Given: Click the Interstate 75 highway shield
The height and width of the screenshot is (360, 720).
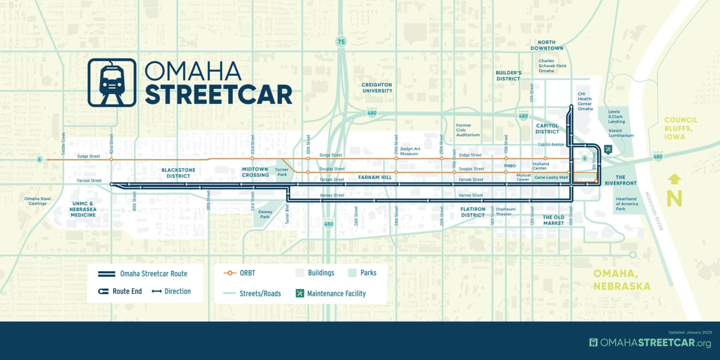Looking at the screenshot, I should coord(341,42).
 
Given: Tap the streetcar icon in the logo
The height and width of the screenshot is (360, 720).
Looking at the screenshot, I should coord(112,83).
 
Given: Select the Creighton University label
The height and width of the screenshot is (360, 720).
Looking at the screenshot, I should coord(377,88).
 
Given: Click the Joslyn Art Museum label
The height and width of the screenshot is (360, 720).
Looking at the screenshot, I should coord(410,151).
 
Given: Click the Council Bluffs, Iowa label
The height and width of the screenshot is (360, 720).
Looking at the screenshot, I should coord(680,128).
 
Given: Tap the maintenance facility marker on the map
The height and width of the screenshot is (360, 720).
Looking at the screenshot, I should coord(608,149).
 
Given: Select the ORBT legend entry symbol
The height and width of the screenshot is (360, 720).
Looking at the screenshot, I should coord(230,273).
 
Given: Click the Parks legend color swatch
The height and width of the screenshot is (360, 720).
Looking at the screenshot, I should coord(352,273).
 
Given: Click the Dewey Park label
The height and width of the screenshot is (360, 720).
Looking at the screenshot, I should coord(265,214).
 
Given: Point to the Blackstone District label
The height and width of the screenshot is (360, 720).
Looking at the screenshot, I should coord(178,173).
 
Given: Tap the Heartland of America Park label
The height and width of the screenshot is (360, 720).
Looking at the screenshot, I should coord(626,204).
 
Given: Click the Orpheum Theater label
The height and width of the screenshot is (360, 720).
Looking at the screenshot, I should coord(505,212).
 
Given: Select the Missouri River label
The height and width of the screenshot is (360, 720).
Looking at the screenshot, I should coord(654,211).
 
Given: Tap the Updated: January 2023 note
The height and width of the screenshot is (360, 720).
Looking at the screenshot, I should coord(690,332).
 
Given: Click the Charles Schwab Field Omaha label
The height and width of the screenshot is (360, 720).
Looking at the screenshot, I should coord(552,66).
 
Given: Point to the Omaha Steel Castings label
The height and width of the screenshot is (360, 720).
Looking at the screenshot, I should coord(38,201).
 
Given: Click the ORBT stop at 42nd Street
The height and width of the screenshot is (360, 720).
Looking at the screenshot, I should coord(111,159).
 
